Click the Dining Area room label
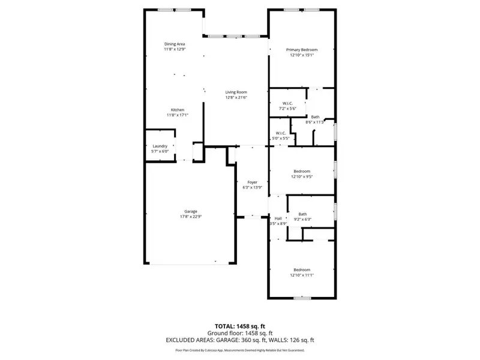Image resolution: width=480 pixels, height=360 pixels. point(175,44)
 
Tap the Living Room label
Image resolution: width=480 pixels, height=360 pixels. point(236,92)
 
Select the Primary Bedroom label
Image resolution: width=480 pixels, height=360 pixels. point(301,49)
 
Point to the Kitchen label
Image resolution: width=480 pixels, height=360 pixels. point(177,110)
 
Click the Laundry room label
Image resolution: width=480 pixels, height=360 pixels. point(160,146)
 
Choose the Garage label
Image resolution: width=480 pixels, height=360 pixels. point(191,211)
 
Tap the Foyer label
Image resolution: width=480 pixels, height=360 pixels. point(252,182)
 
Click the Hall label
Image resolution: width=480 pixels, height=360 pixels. point(278,218)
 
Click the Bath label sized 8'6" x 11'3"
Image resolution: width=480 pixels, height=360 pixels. point(315,117)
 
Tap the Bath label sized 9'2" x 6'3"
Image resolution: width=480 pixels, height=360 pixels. point(302,214)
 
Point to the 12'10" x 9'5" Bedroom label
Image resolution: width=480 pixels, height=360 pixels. point(301,171)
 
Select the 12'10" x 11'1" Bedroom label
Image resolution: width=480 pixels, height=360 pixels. point(301,269)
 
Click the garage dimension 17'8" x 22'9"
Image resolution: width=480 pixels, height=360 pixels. point(191,217)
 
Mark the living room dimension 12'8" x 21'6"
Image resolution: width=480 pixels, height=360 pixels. point(236,97)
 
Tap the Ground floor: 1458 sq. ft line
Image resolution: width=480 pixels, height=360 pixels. point(239,333)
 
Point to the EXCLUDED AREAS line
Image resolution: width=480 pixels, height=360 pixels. point(239,340)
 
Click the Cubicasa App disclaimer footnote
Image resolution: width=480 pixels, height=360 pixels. point(239,350)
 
